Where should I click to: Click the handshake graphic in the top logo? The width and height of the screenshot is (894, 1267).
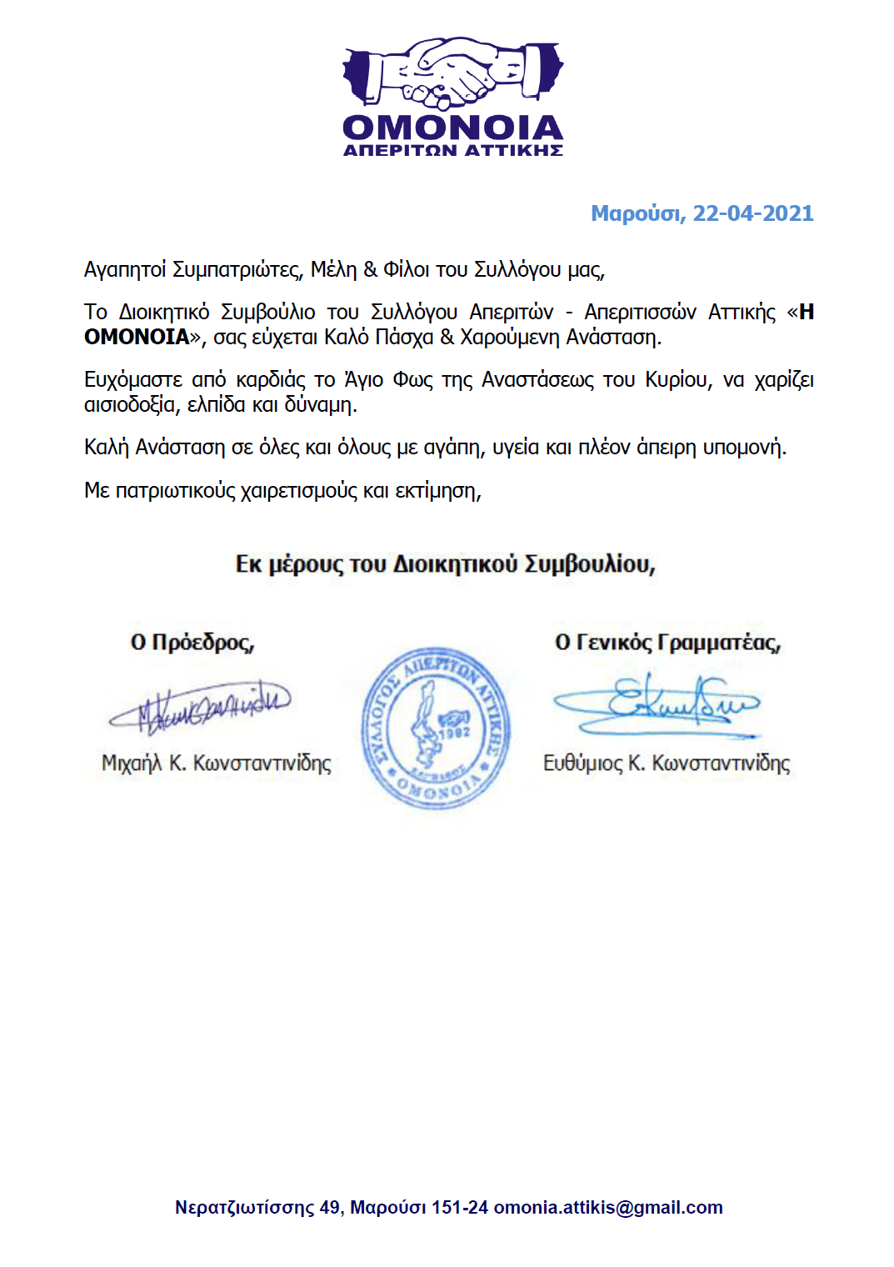[452, 73]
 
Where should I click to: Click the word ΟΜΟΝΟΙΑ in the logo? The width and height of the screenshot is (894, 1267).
[452, 128]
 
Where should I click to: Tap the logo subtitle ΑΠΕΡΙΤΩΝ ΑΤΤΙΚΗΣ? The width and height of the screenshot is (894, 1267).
[452, 151]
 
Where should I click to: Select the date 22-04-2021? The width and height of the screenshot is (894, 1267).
[752, 214]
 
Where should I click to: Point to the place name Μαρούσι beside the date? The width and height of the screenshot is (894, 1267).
[637, 214]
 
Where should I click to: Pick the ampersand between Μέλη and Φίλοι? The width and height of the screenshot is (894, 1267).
[370, 270]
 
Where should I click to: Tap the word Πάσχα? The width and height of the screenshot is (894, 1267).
[404, 338]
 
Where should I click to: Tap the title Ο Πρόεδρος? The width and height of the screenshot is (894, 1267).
[192, 643]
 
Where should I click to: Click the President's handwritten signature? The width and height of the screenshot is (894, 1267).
[200, 705]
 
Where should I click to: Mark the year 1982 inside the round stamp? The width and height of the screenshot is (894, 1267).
[455, 732]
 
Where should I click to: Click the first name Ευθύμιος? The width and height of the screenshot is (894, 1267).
[582, 764]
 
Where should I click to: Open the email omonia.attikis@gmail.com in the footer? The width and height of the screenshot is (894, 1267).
[608, 1208]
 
